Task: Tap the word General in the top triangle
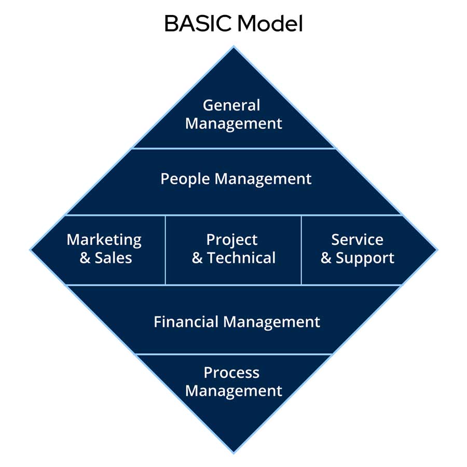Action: coord(231,105)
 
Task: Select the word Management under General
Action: coord(233,123)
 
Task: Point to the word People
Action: coord(185,180)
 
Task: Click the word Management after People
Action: coord(263,180)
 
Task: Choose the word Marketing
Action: coord(104,240)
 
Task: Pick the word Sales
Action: coord(113,258)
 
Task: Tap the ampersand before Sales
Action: coord(85,258)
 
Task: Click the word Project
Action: coord(232,240)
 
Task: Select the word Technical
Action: coord(241,258)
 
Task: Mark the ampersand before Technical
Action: coord(197,258)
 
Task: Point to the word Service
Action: coord(358,240)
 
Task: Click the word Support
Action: coord(365,258)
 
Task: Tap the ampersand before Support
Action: coord(326,258)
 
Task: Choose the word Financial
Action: coord(186,322)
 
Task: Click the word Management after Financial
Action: coord(271,322)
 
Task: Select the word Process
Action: coord(231,373)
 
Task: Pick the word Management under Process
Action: coord(233,391)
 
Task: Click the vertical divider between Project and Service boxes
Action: coord(301,250)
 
